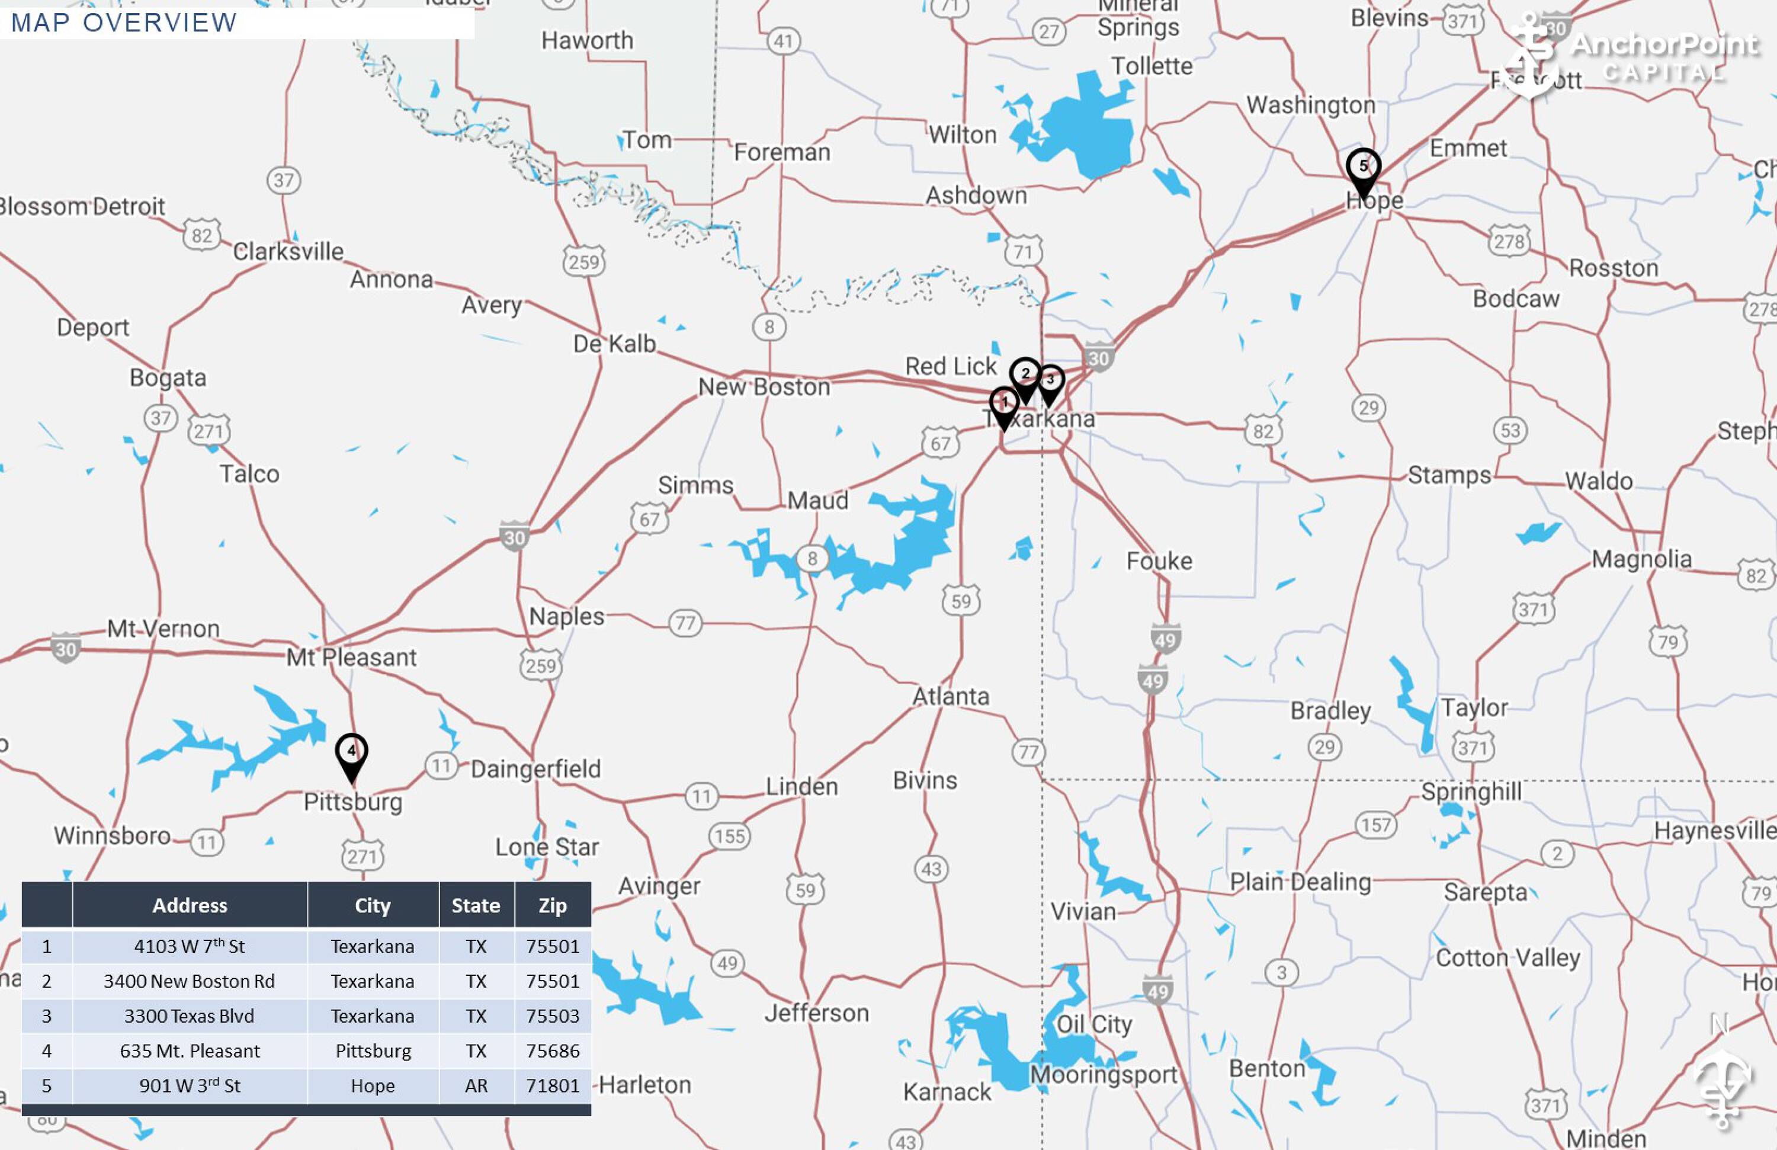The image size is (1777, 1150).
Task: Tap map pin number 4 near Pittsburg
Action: (x=351, y=752)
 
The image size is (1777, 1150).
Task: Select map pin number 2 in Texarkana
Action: (x=1025, y=375)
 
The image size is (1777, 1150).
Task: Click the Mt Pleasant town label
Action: (x=351, y=658)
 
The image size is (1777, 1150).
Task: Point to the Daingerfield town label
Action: (x=535, y=769)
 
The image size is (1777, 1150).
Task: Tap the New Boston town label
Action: (x=764, y=387)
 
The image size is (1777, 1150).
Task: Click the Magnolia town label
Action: (x=1641, y=559)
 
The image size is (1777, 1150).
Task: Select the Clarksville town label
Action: (x=288, y=252)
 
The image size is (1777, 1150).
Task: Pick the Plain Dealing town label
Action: (x=1300, y=882)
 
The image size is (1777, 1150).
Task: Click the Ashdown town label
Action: (x=976, y=196)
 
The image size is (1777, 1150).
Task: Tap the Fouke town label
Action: (x=1159, y=562)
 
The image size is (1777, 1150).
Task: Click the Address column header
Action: (x=190, y=906)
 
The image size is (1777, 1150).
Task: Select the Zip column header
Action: (x=553, y=906)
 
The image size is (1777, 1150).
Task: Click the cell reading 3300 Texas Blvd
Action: (x=189, y=1016)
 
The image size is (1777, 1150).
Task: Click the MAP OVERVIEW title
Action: (x=124, y=23)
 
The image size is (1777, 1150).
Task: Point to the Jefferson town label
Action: (x=816, y=1013)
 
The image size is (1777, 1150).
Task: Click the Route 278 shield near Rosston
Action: (x=1509, y=241)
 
